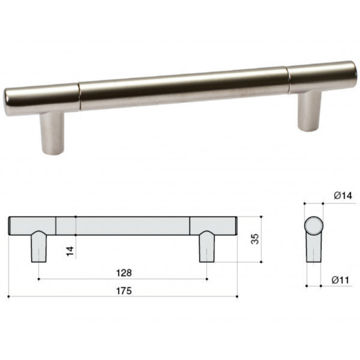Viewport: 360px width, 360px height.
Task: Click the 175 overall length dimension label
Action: tap(124, 291)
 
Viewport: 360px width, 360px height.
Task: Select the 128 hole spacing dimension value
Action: tap(124, 273)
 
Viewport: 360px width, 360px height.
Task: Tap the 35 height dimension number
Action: tap(255, 239)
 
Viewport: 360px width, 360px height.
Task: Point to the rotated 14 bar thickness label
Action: tap(70, 251)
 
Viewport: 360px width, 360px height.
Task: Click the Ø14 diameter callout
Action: tap(343, 196)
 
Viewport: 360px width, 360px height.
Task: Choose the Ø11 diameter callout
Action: tap(340, 280)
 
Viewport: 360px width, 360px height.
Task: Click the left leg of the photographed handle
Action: tap(52, 133)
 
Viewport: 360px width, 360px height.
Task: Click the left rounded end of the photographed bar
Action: tap(7, 102)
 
